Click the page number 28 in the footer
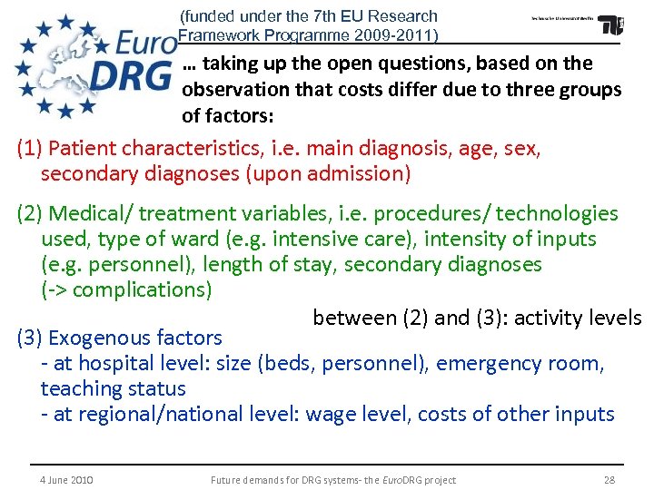(x=609, y=480)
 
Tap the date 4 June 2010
(x=67, y=480)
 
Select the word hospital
(x=116, y=364)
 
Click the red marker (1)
(x=29, y=148)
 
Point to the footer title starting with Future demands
(x=332, y=480)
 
